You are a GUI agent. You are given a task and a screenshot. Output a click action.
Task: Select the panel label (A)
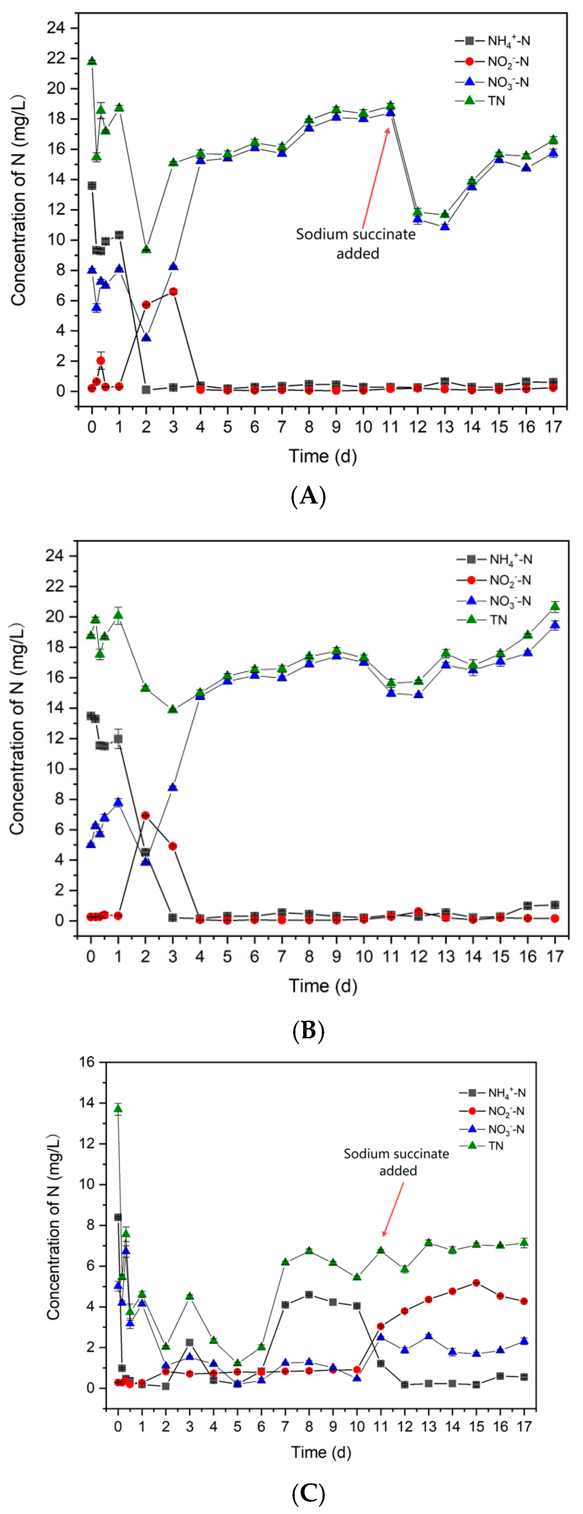308,497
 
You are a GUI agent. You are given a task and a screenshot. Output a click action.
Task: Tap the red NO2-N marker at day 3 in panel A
173,291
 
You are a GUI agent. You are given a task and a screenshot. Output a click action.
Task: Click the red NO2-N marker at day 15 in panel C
476,1283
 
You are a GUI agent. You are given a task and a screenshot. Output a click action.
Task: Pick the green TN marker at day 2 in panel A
146,249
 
